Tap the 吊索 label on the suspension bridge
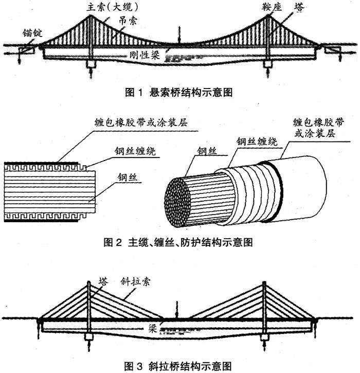pos(127,22)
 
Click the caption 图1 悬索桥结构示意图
pos(179,93)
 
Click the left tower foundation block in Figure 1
pos(91,64)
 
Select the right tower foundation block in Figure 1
pos(267,64)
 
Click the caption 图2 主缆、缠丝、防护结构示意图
pos(179,242)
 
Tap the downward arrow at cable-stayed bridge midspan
pos(176,312)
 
